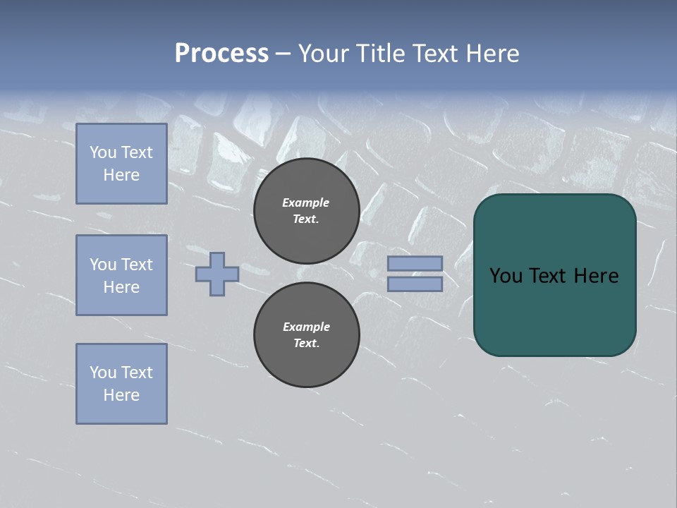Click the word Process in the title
point(221,54)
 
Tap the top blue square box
point(121,164)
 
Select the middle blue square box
point(121,275)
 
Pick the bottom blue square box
point(121,384)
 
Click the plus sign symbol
point(217,274)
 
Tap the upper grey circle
point(306,210)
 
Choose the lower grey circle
point(306,335)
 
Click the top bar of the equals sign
point(415,263)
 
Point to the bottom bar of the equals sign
point(415,284)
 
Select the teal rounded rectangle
point(554,275)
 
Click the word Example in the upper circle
point(306,202)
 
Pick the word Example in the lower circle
point(306,327)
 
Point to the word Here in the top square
point(121,175)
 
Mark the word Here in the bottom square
point(121,395)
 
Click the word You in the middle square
point(103,265)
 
